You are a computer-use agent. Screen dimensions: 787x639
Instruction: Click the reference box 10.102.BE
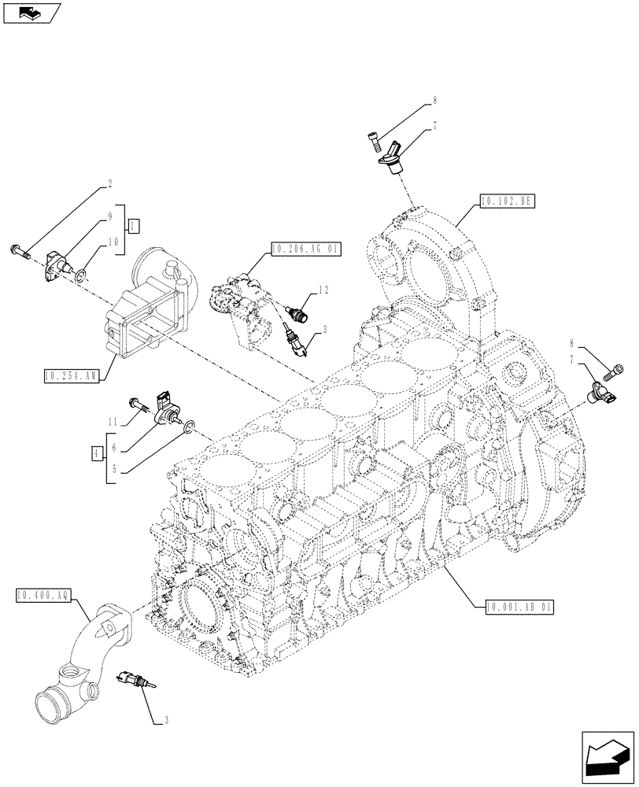pos(505,201)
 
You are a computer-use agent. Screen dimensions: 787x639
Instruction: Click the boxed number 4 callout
pos(95,453)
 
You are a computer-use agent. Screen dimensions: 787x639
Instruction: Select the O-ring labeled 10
pos(80,274)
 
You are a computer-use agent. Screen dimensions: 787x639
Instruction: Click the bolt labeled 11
pos(139,403)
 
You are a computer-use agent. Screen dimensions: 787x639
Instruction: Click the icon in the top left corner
pos(31,13)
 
